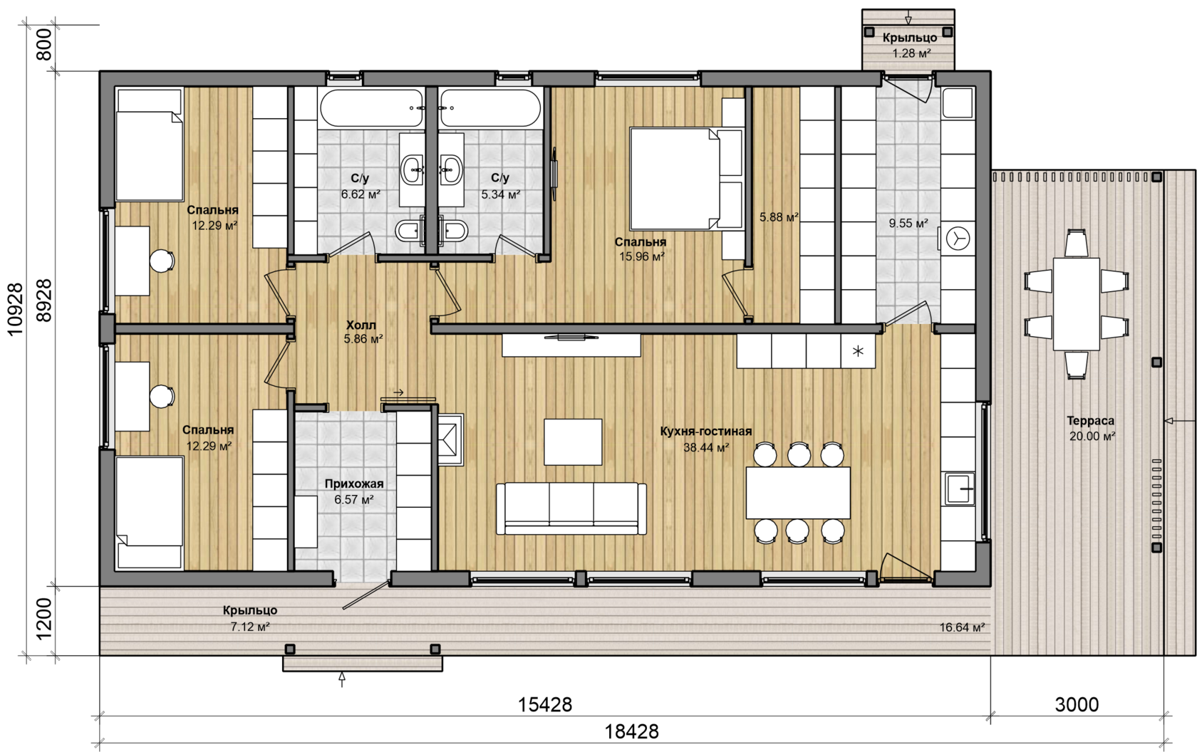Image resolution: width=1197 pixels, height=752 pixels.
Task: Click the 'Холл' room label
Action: (361, 325)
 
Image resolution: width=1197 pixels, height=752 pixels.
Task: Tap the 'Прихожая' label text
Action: (354, 484)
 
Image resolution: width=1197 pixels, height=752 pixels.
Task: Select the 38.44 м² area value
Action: (706, 447)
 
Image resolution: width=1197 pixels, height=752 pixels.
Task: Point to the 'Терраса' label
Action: (1091, 421)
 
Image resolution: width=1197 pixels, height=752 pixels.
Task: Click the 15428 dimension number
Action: (545, 705)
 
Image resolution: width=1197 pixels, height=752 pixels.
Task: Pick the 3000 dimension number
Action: (1077, 705)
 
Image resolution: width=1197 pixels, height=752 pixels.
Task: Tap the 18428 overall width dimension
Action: (631, 732)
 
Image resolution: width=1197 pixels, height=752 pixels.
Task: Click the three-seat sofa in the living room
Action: (571, 508)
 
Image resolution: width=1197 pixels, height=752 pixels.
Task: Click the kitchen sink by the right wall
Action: (960, 489)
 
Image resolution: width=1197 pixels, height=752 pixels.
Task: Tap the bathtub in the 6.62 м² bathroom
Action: (371, 108)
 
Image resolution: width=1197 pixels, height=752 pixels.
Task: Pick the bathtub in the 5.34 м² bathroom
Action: (490, 108)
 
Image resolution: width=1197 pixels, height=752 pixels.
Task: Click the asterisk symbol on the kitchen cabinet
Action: (858, 352)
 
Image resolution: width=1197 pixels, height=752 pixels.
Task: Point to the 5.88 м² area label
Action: (779, 217)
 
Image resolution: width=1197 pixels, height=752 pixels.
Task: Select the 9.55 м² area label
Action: (908, 224)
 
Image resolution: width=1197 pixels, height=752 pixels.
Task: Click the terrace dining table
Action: (1076, 304)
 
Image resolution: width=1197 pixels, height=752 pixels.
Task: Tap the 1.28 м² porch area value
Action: (912, 53)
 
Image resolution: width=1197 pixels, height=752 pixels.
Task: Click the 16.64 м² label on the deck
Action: (962, 627)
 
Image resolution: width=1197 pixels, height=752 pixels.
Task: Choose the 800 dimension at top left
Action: (44, 45)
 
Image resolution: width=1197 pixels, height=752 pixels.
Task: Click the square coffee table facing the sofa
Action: (573, 442)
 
